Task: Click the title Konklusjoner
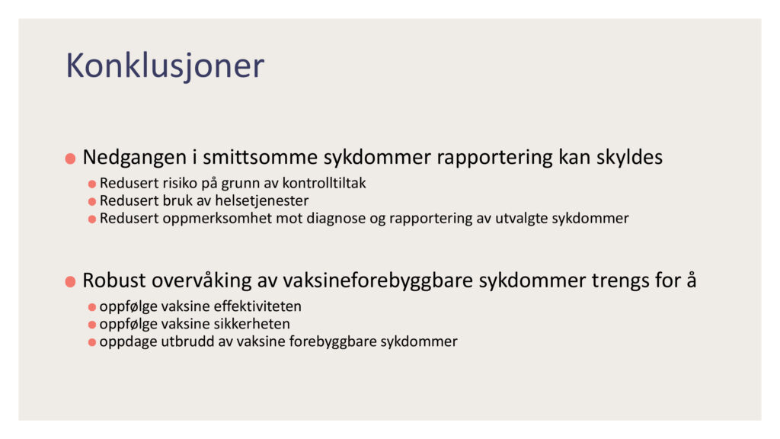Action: [x=165, y=66]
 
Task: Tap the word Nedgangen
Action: [x=134, y=158]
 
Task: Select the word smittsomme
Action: [x=260, y=157]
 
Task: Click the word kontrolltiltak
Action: [x=324, y=183]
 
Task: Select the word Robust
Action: [x=114, y=280]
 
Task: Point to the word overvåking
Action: [x=201, y=280]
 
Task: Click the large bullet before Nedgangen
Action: [x=70, y=159]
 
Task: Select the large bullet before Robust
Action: [x=70, y=282]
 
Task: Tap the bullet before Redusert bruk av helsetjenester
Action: [x=92, y=201]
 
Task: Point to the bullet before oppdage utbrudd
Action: [x=92, y=342]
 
